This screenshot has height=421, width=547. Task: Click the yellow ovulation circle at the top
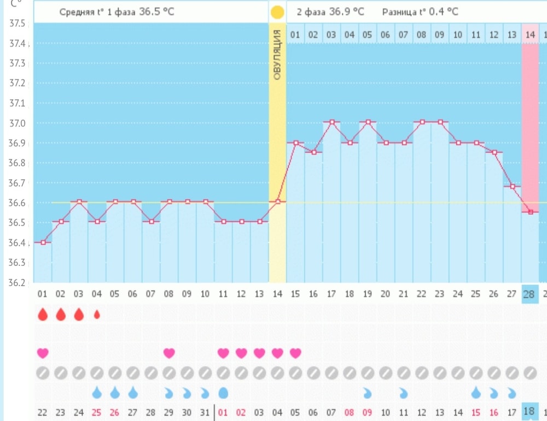277,12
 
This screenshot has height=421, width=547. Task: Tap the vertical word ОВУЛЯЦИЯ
277,55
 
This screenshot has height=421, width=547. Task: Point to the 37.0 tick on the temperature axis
18,123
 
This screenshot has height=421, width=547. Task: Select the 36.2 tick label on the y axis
18,282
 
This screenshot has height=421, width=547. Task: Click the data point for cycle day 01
43,242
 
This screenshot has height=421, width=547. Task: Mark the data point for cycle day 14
278,201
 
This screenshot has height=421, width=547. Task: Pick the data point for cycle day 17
332,122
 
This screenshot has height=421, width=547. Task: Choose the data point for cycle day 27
513,187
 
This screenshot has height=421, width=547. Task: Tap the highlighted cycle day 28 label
529,294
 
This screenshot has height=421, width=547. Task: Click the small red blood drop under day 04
97,315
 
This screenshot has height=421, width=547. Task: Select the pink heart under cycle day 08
169,353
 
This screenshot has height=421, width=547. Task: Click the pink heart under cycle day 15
295,353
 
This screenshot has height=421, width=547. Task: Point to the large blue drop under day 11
223,393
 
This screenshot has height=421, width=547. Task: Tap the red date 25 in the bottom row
97,413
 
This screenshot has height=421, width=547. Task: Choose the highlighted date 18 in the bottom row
529,411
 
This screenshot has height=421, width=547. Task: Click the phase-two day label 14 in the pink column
530,35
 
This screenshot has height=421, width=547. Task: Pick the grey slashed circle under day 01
43,373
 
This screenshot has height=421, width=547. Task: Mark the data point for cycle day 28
531,212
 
